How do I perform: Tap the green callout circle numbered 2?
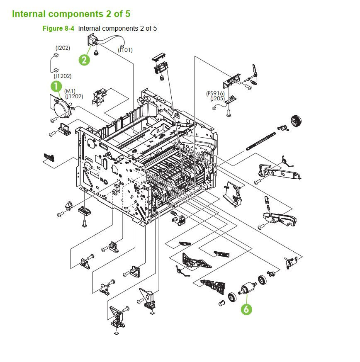tap(84, 60)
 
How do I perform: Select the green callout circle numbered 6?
tap(247, 309)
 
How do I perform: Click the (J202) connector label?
tap(63, 48)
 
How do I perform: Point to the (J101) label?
tap(125, 50)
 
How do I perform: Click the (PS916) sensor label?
tap(215, 94)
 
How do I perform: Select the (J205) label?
tap(217, 99)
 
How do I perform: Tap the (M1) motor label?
tap(70, 91)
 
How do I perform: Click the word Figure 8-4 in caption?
tap(58, 29)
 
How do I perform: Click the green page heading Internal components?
tap(71, 14)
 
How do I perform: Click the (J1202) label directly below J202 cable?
tap(62, 76)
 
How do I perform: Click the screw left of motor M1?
tap(53, 120)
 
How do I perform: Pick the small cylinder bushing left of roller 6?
tap(221, 303)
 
